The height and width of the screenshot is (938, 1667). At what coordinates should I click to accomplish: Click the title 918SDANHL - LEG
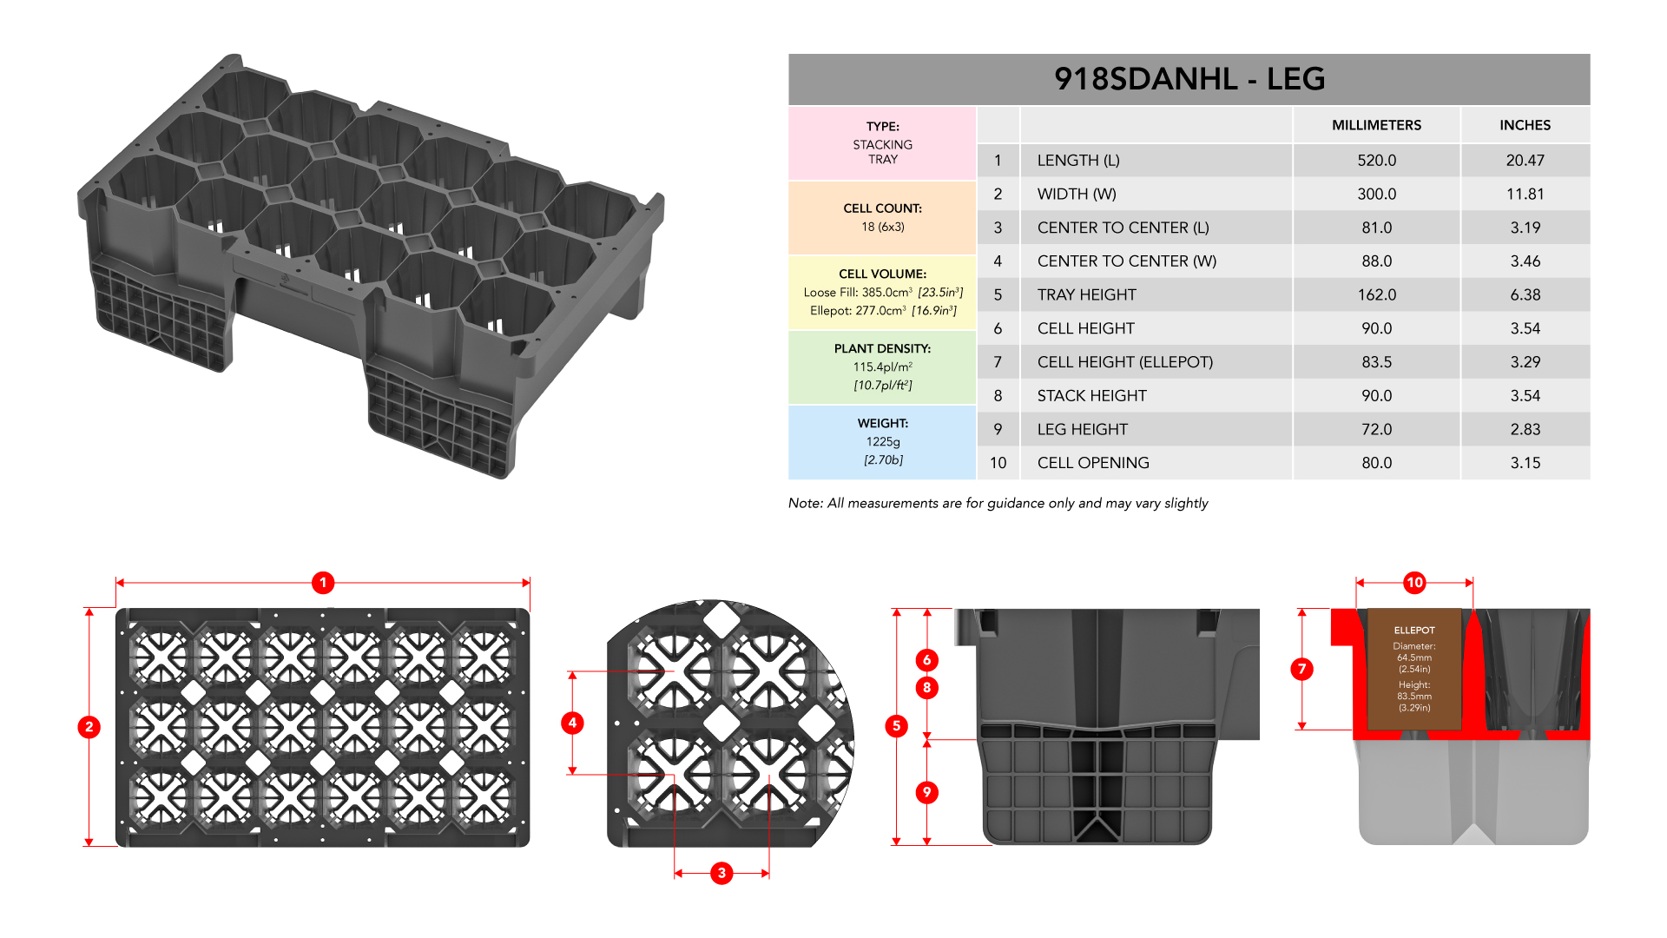pyautogui.click(x=1189, y=79)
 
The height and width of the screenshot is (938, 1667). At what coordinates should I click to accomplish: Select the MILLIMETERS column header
pyautogui.click(x=1376, y=125)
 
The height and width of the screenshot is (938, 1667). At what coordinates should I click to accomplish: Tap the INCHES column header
pyautogui.click(x=1525, y=125)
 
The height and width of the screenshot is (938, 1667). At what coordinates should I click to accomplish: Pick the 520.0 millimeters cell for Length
pyautogui.click(x=1376, y=161)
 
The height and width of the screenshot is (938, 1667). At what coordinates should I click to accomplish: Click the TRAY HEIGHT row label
pyautogui.click(x=1086, y=295)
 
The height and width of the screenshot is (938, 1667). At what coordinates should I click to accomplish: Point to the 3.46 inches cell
pyautogui.click(x=1525, y=261)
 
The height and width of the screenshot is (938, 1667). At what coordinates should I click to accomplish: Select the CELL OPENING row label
pyautogui.click(x=1093, y=463)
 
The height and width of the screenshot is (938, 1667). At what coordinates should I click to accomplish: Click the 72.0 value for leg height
pyautogui.click(x=1376, y=430)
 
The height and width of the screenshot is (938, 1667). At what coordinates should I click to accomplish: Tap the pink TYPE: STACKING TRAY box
pyautogui.click(x=882, y=143)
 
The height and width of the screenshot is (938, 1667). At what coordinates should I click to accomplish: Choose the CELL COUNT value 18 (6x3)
pyautogui.click(x=882, y=227)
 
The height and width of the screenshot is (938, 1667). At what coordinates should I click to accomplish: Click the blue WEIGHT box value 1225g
pyautogui.click(x=882, y=442)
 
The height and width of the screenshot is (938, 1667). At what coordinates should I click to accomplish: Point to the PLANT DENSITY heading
pyautogui.click(x=882, y=348)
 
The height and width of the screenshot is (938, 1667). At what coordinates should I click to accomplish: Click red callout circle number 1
pyautogui.click(x=323, y=583)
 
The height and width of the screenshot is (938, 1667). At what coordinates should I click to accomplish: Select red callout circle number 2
pyautogui.click(x=89, y=727)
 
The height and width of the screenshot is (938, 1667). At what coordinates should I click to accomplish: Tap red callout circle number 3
pyautogui.click(x=721, y=873)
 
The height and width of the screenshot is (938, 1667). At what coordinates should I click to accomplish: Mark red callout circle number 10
pyautogui.click(x=1414, y=583)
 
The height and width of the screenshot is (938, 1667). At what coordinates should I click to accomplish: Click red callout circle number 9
pyautogui.click(x=927, y=792)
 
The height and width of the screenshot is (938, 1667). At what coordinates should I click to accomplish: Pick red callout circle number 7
pyautogui.click(x=1301, y=669)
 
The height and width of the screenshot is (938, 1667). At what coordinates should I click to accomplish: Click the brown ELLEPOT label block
pyautogui.click(x=1414, y=669)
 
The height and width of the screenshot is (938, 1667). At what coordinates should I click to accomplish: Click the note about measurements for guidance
pyautogui.click(x=998, y=504)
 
